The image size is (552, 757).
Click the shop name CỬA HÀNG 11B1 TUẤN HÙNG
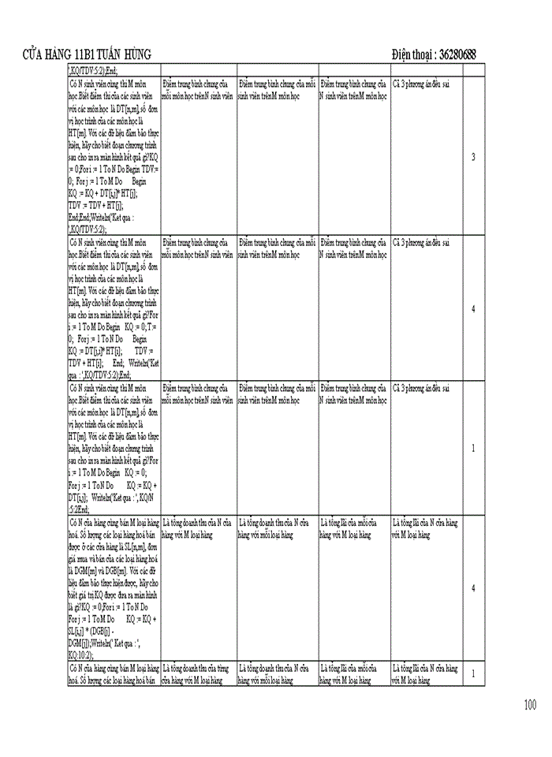pos(88,54)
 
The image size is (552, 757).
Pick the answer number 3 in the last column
pos(473,157)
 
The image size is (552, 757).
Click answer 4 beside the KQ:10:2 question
pos(473,588)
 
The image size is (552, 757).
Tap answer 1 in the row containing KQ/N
pos(473,448)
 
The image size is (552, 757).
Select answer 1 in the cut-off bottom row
pos(473,673)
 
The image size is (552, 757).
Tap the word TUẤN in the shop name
pos(110,54)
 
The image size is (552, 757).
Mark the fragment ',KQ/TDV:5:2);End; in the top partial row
pos(94,70)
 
